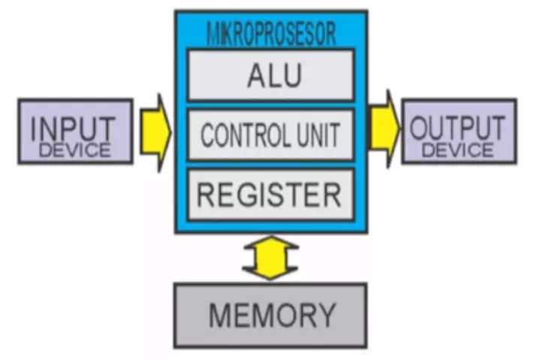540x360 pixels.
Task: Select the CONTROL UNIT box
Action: [x=270, y=135]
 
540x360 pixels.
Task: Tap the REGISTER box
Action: [x=270, y=194]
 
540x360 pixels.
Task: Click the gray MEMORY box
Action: [x=270, y=314]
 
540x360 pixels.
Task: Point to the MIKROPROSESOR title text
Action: [x=270, y=35]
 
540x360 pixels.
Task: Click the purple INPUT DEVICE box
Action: [x=75, y=131]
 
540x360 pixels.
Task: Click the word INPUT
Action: [x=74, y=126]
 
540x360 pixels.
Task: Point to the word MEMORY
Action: [x=270, y=314]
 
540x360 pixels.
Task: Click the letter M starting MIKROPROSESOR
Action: [x=211, y=35]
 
